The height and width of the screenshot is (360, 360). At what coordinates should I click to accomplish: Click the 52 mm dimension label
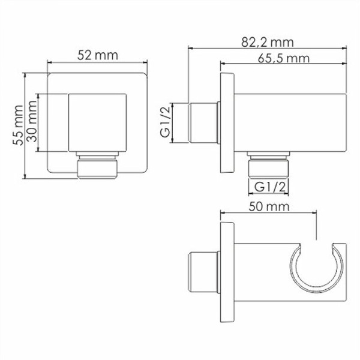pyautogui.click(x=97, y=55)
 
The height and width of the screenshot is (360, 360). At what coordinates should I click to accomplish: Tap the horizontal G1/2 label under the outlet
pyautogui.click(x=269, y=186)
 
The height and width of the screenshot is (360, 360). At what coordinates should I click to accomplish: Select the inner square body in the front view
pyautogui.click(x=97, y=124)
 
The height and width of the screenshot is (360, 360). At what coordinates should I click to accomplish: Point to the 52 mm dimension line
pyautogui.click(x=97, y=62)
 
